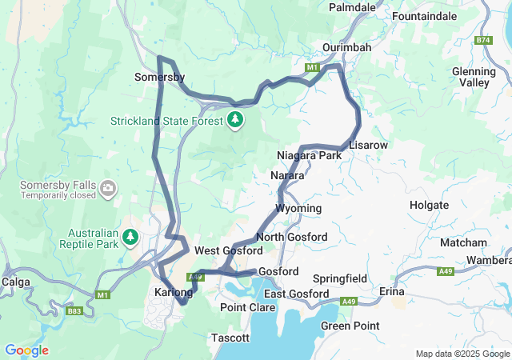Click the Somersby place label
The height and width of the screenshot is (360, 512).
[x=160, y=78]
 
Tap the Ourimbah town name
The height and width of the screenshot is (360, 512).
[x=346, y=47]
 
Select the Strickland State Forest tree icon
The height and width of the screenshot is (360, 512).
[x=234, y=120]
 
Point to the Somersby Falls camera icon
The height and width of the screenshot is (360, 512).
[x=108, y=189]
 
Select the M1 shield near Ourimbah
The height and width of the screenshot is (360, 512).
[x=311, y=69]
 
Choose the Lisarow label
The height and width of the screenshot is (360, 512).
[x=368, y=145]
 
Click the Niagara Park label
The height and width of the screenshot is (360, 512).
[x=309, y=154]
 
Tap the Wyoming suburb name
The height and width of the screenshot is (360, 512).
[x=298, y=208]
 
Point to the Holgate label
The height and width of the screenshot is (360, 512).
[x=429, y=205]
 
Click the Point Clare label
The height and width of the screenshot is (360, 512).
[x=243, y=307]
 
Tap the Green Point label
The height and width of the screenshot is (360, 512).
[x=350, y=326]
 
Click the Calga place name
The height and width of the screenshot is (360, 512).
[x=16, y=282]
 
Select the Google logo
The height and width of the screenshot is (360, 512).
[x=26, y=350]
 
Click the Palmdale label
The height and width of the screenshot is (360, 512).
[x=353, y=7]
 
